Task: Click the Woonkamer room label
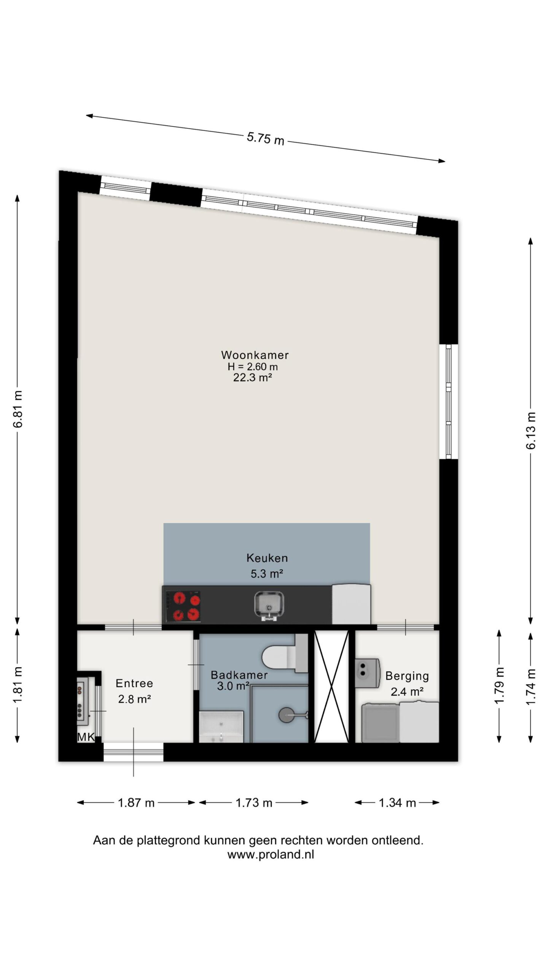[255, 355]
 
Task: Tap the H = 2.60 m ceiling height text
[253, 367]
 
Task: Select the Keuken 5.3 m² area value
[267, 574]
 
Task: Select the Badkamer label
[239, 675]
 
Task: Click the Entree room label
[134, 683]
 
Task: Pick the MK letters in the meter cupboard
[86, 737]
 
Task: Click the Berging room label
[407, 676]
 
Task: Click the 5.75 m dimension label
[266, 138]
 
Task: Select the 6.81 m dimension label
[18, 409]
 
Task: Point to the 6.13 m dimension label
[531, 430]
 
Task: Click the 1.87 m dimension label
[136, 803]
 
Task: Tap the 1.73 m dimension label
[254, 803]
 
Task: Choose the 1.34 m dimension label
[397, 803]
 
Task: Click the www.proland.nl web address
[271, 855]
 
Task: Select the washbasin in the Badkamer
[221, 727]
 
